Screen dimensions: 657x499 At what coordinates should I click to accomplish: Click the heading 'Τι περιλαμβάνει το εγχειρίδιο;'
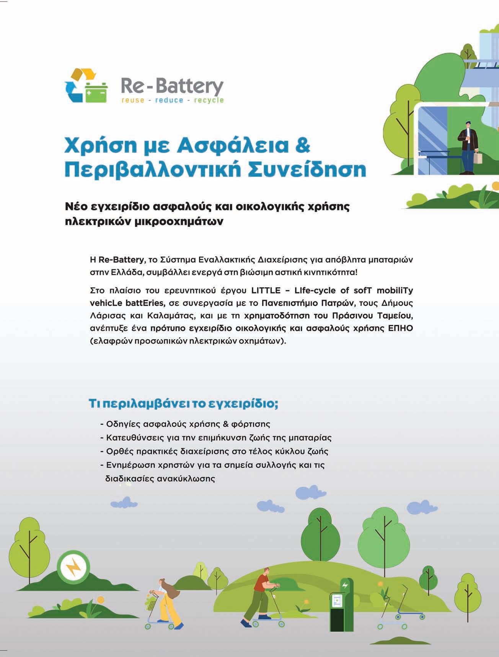point(183,404)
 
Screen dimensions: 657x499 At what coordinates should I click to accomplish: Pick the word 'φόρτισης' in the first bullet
point(251,424)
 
